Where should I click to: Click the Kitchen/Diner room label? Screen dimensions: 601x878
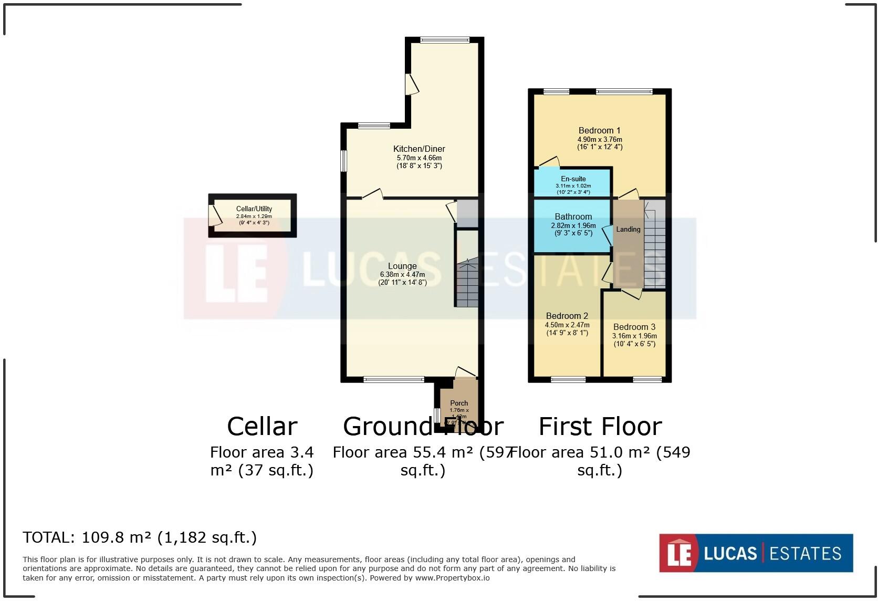pos(419,149)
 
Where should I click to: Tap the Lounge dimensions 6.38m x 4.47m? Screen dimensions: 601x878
pos(402,274)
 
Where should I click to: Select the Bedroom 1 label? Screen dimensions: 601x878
pos(599,130)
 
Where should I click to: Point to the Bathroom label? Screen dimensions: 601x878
pos(573,216)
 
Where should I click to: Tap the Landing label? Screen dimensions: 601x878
pos(628,230)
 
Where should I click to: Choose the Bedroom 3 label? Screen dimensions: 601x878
pos(634,327)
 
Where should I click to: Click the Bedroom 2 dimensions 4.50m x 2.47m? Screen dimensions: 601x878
pos(567,325)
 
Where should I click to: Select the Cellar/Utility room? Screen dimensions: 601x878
pos(253,215)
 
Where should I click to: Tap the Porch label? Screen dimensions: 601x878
pos(459,403)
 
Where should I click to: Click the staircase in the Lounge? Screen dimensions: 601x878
pos(466,284)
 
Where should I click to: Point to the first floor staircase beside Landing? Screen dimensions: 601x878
pos(654,247)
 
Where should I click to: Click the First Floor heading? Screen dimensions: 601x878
pos(600,427)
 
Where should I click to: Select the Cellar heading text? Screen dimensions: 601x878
pos(262,427)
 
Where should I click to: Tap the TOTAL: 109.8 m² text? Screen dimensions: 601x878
pos(140,537)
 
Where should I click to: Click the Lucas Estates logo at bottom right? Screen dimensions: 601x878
pos(756,553)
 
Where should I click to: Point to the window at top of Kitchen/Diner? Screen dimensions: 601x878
pos(445,39)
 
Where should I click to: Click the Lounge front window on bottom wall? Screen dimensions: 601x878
pos(394,379)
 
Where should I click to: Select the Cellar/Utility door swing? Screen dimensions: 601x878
pos(215,216)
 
